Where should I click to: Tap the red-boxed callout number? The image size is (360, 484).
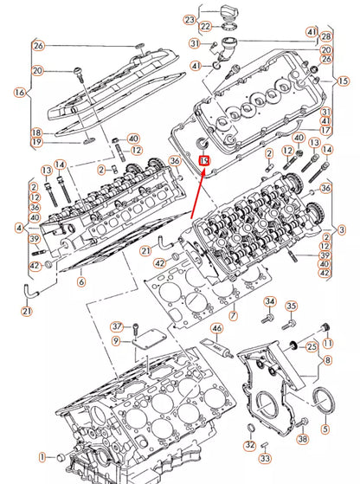(204, 160)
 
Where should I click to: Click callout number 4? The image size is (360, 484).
(19, 227)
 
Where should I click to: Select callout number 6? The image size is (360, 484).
(80, 281)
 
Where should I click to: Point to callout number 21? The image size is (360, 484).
(27, 312)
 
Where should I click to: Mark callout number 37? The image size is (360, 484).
(116, 326)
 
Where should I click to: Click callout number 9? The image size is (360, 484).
(116, 343)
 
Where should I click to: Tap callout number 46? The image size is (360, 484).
(217, 329)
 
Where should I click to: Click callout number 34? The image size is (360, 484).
(268, 301)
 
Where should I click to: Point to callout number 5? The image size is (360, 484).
(325, 429)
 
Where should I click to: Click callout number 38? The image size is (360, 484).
(302, 440)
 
